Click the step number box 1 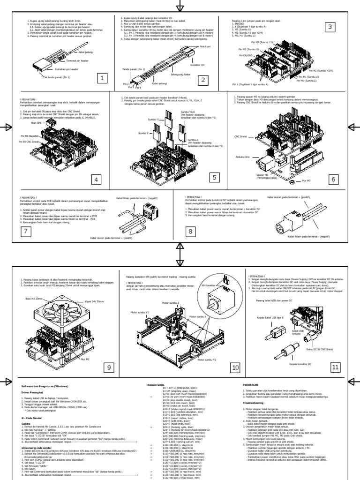click(x=101, y=78)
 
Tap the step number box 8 click(x=190, y=231)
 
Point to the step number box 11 click(x=334, y=367)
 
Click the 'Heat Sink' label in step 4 click(x=37, y=123)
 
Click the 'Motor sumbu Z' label click(x=170, y=303)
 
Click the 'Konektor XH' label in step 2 click(x=201, y=66)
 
